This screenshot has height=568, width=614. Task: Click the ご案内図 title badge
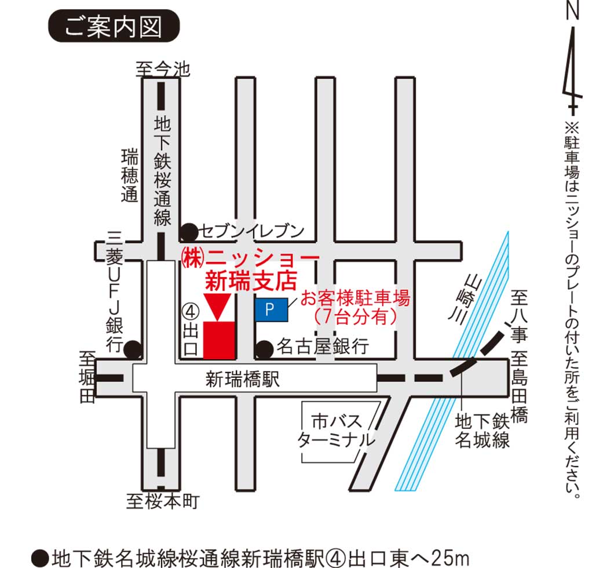pos(114,27)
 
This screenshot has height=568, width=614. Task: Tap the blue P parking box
pos(271,310)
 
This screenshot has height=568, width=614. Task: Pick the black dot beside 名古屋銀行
pos(265,348)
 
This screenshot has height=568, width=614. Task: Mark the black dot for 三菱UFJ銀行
pos(133,349)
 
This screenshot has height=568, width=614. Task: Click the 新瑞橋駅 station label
pos(243,380)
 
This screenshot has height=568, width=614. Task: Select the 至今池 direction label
pos(163,70)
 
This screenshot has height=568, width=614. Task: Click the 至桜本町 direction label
pos(163,501)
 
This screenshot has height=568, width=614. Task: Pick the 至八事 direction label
pos(518,319)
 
